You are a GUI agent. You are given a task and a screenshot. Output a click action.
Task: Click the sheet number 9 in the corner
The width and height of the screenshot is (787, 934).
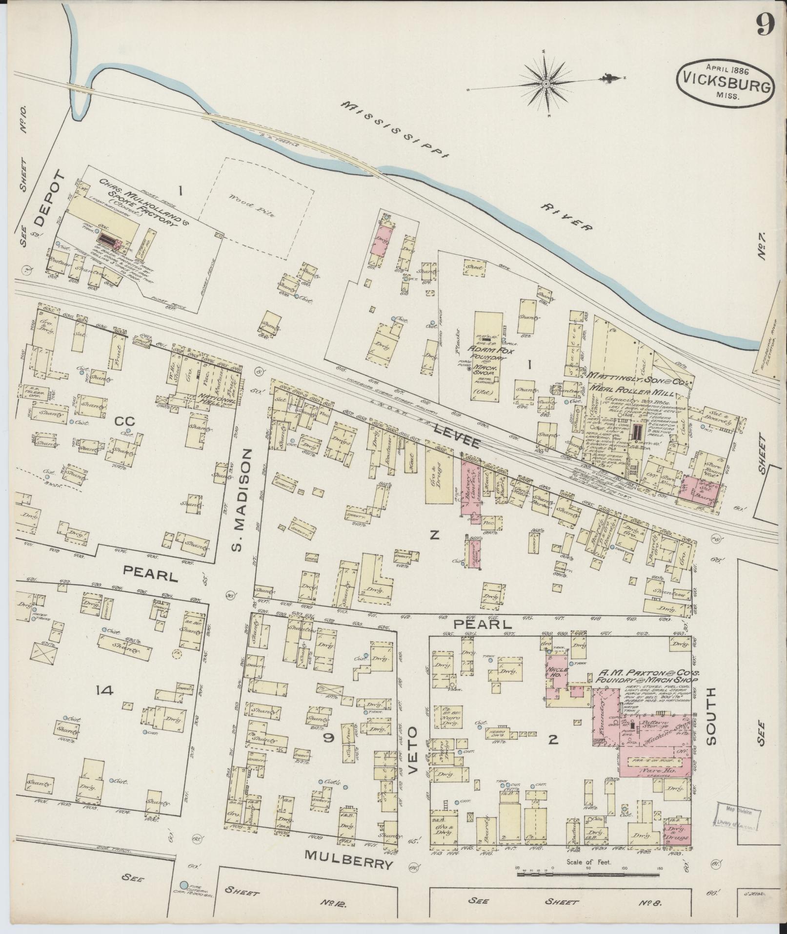765,23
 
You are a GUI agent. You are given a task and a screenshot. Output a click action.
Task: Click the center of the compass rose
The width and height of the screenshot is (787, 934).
546,84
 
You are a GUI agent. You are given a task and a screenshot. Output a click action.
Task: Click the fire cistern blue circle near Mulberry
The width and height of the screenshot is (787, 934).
183,885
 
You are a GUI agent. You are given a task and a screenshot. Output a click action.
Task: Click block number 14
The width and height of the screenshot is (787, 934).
104,690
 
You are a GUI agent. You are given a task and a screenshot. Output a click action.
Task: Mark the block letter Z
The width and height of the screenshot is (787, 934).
434,536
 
